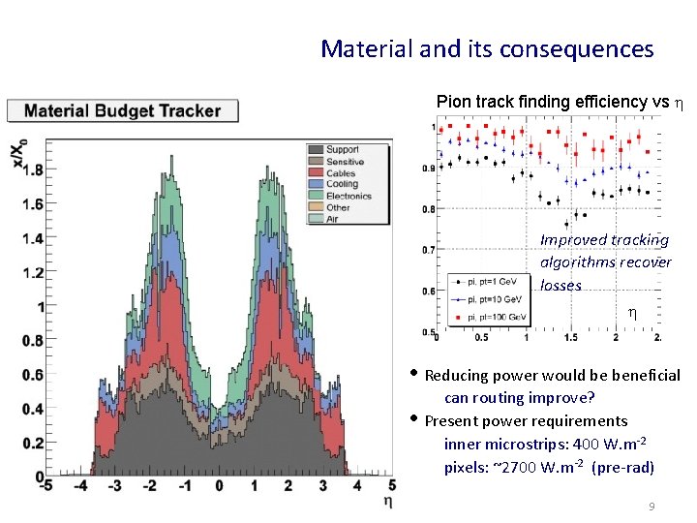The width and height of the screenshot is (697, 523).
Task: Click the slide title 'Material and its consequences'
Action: click(487, 48)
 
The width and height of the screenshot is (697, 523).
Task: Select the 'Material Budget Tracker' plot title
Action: click(122, 110)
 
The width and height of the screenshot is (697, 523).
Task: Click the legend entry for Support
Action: click(342, 149)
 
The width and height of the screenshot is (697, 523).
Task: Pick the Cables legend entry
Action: click(340, 172)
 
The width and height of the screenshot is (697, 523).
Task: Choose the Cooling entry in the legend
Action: click(342, 184)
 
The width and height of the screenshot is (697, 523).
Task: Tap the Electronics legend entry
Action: click(348, 196)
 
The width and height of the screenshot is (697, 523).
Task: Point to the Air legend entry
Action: click(332, 219)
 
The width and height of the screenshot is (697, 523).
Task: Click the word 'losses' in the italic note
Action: click(561, 286)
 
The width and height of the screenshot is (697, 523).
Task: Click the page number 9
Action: click(652, 507)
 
